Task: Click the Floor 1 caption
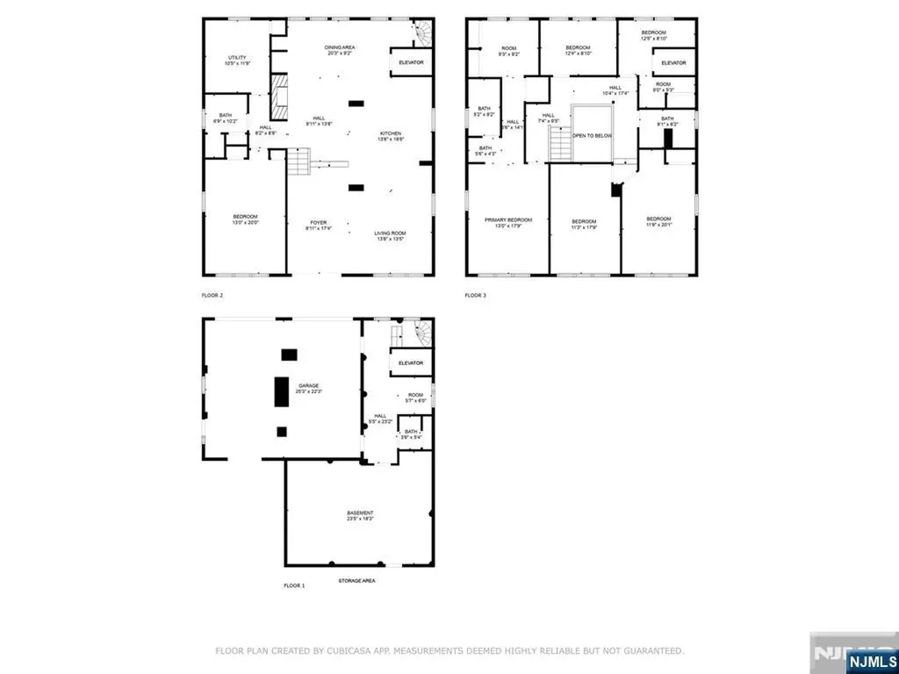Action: click(294, 585)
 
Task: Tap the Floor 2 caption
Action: click(212, 296)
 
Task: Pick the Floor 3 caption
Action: click(475, 296)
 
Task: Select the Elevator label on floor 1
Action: click(411, 362)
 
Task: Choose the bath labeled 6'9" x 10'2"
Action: click(226, 118)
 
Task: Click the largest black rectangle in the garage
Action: click(282, 391)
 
